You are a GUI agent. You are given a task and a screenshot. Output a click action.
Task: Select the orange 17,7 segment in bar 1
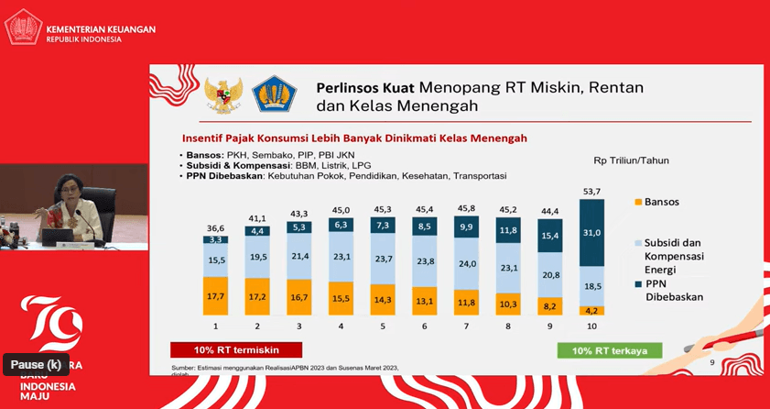[x=216, y=296]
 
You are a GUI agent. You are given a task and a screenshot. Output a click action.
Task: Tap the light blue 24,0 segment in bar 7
[x=467, y=263]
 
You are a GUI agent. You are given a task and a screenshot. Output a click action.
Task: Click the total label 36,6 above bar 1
[x=216, y=227]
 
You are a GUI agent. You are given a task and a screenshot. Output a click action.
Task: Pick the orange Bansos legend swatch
[x=637, y=202]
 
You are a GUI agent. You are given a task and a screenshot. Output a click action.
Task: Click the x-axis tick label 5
[x=384, y=326]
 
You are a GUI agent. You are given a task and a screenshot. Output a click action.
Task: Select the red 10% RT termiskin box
[x=236, y=349]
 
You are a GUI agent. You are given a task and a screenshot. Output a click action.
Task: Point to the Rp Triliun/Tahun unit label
[x=631, y=160]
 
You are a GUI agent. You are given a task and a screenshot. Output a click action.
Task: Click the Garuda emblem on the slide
[x=222, y=95]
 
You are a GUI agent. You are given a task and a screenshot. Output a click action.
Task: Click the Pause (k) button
[x=37, y=365]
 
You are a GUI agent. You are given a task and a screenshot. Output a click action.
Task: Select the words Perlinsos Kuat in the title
[x=364, y=88]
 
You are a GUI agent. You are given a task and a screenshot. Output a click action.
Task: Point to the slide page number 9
[x=712, y=363]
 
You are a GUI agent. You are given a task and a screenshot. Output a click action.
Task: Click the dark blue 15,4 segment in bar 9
[x=550, y=236]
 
